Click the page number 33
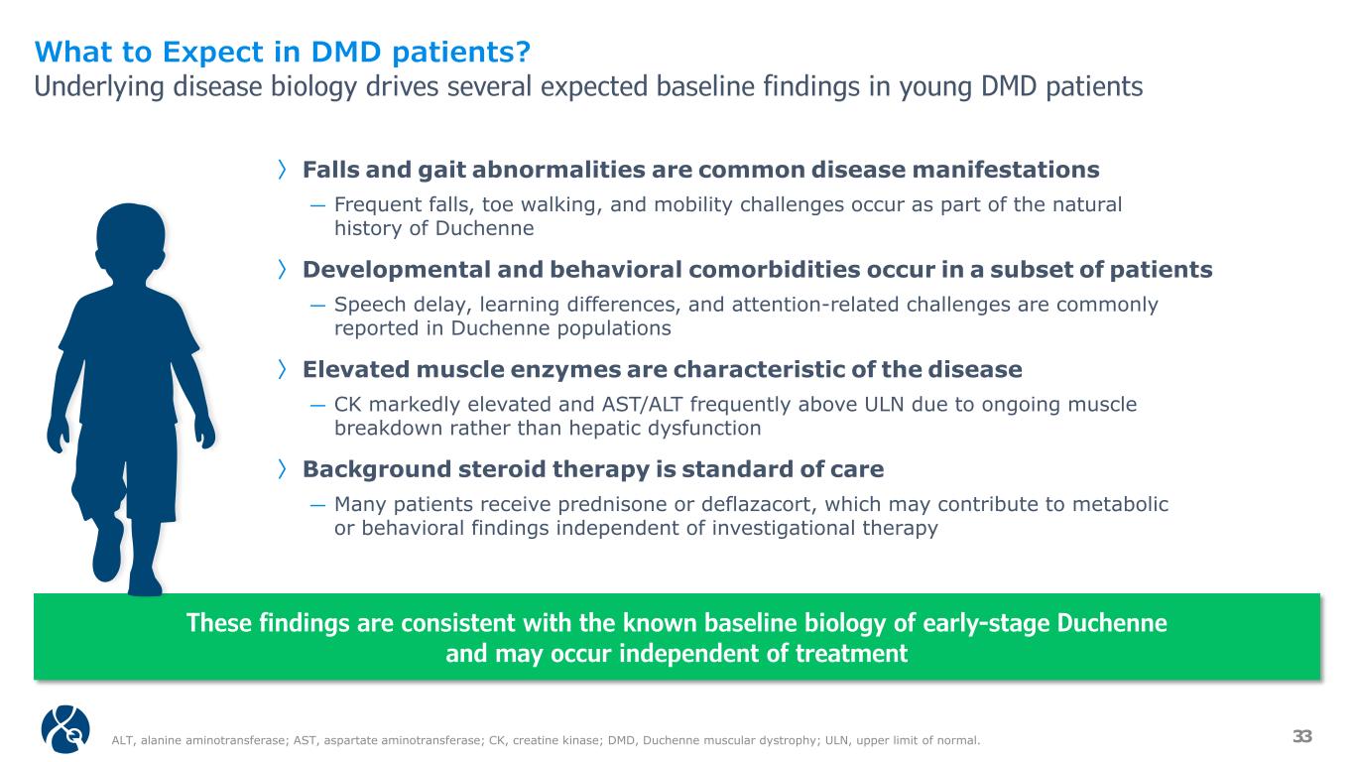click(x=1302, y=736)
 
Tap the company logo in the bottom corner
click(x=65, y=728)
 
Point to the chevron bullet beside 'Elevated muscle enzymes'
click(x=282, y=369)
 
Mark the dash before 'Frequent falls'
click(x=318, y=205)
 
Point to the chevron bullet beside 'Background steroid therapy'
click(x=282, y=468)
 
